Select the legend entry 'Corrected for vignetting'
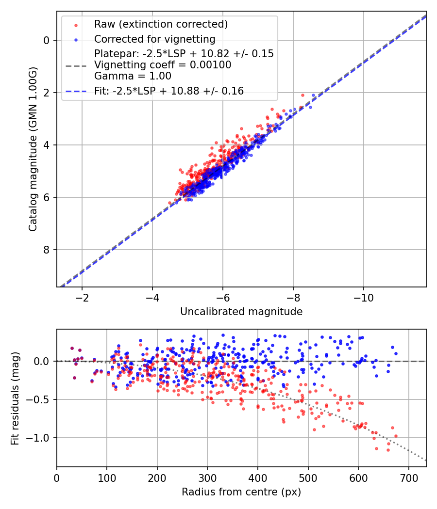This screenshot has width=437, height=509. coord(154,39)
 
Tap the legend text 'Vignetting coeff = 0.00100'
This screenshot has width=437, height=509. coord(163,64)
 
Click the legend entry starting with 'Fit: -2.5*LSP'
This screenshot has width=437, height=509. coord(169,91)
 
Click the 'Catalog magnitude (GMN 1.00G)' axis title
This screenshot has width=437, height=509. coord(33,149)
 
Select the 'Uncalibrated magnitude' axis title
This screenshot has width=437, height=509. coord(241,312)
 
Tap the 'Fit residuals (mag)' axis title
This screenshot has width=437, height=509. coord(15,398)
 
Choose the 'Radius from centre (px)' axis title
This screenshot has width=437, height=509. coord(241,492)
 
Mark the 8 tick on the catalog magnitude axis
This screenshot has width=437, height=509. coord(47,250)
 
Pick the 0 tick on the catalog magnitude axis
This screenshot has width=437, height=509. coord(47,40)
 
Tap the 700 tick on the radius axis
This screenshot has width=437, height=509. coord(408,477)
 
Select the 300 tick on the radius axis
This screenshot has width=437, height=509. coord(207,477)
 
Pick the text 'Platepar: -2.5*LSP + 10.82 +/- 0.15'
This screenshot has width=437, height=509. coord(184,53)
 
